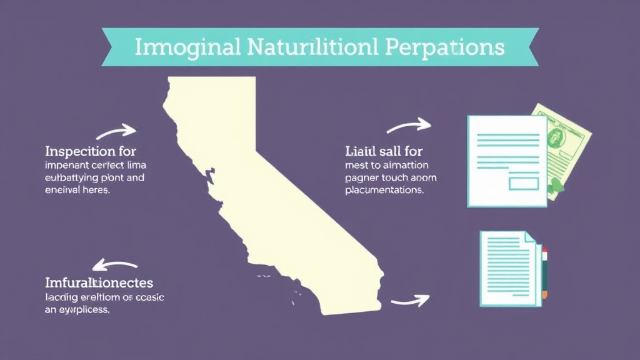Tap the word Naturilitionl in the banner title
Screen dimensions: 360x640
307,47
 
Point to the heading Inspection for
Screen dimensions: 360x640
91,151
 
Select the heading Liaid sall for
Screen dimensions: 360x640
384,151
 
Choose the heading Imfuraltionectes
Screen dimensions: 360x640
99,283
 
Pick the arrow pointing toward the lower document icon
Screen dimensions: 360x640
410,301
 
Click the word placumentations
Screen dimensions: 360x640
384,190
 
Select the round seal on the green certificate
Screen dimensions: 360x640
554,138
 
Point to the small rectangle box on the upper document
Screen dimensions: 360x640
524,182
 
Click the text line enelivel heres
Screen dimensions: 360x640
77,191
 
